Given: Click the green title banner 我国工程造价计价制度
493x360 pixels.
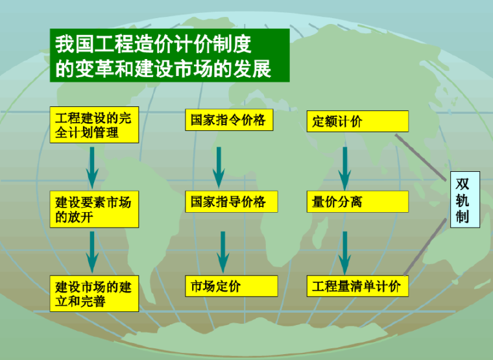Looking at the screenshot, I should point(169,56).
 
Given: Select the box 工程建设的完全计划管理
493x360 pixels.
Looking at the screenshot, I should point(94,126).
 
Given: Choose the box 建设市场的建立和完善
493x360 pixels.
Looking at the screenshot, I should point(94,294).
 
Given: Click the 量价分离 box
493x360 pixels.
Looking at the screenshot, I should point(357,202).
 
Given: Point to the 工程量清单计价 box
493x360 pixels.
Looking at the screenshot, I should point(357,286).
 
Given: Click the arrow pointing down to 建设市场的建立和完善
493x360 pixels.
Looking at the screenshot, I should point(92,252).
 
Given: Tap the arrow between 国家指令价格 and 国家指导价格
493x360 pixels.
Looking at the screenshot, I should point(219,167).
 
